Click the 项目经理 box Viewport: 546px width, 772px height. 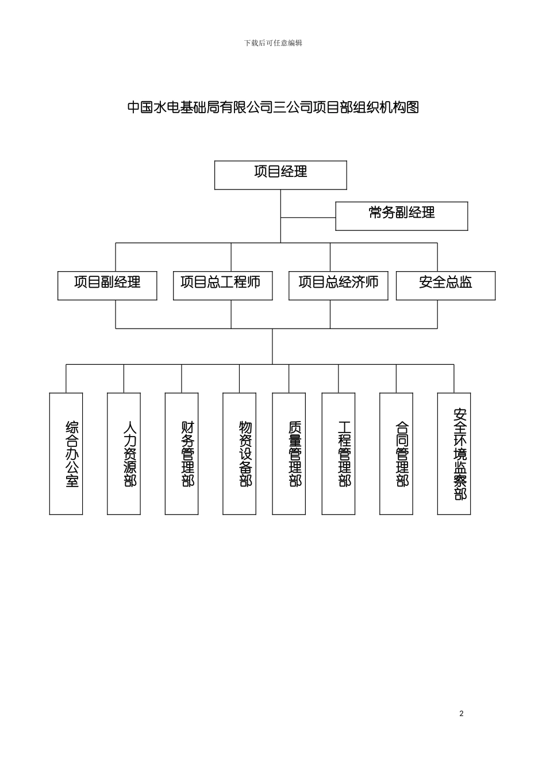(x=280, y=175)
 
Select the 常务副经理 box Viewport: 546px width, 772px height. (x=401, y=216)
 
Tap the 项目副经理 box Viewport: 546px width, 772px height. (x=107, y=285)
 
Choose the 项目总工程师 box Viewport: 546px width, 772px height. (x=222, y=285)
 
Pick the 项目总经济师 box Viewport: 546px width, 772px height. (x=338, y=285)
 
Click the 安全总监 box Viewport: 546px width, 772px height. (x=445, y=285)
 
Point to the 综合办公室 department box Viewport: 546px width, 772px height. (x=66, y=453)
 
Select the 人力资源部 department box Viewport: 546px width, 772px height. (x=124, y=453)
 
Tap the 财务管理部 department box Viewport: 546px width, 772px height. (x=182, y=453)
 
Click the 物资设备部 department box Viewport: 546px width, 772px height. (x=239, y=453)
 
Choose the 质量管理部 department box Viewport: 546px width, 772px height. (x=289, y=453)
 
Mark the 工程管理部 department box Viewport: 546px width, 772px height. (x=338, y=453)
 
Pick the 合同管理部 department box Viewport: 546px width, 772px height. (x=396, y=453)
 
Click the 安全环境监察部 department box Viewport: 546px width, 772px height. (x=454, y=453)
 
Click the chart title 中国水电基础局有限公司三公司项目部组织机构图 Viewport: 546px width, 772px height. (x=273, y=107)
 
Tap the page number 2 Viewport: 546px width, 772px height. (x=461, y=713)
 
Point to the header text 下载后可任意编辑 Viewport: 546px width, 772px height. (x=273, y=43)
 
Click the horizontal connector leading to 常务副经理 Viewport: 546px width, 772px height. (x=308, y=218)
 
